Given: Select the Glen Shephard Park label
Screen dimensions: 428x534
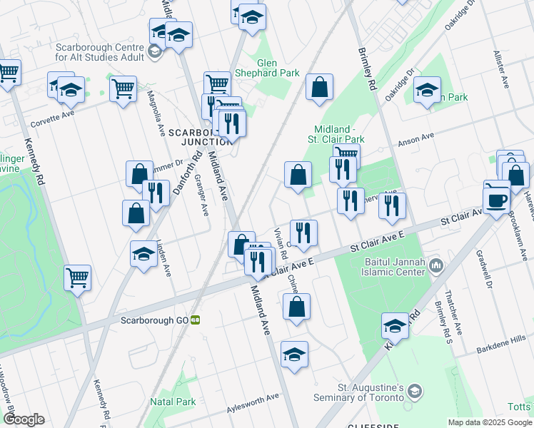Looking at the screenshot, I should (278, 68).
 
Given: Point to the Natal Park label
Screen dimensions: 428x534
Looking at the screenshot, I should (173, 402).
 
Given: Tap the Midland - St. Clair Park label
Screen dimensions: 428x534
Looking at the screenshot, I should (336, 133).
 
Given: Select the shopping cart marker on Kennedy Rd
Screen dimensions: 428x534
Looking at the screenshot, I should (77, 277).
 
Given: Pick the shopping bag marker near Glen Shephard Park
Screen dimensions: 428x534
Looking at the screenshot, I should (320, 88).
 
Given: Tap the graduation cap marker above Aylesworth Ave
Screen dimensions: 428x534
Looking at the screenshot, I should (293, 355).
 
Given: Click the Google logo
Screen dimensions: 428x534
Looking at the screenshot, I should (23, 419).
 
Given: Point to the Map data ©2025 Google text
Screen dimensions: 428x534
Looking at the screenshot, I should (490, 422).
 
